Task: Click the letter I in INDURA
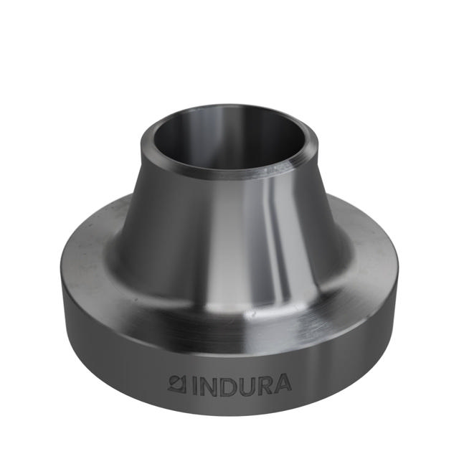point(193,384)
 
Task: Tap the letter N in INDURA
point(207,384)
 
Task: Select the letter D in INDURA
point(226,384)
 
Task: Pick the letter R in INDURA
point(264,384)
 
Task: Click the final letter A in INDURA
point(283,384)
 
